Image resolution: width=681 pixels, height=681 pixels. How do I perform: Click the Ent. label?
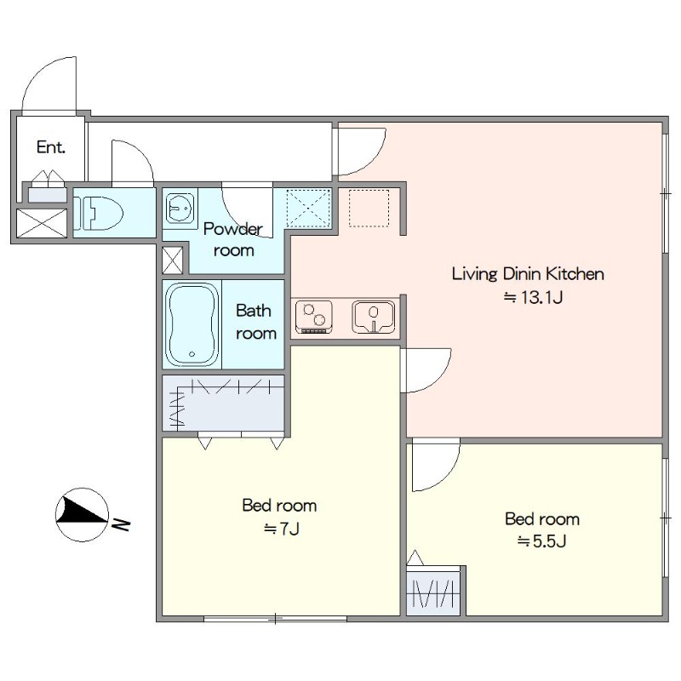(51, 147)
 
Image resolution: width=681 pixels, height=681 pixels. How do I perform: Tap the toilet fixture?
(98, 214)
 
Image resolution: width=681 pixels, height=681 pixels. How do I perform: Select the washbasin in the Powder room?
(180, 208)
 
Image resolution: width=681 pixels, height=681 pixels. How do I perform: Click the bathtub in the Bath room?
(192, 325)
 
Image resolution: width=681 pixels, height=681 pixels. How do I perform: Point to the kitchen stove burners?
(314, 317)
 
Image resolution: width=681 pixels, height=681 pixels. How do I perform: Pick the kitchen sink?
(374, 317)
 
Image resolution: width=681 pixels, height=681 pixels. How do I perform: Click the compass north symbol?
(82, 515)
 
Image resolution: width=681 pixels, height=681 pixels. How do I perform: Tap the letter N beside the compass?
(121, 524)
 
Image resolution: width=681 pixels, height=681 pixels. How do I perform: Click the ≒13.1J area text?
(533, 297)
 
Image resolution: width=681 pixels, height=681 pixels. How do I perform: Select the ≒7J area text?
(282, 529)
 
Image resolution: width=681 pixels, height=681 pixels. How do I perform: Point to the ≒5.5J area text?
(541, 541)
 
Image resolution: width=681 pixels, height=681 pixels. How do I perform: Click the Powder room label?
(233, 239)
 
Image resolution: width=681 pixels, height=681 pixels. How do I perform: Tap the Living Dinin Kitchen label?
(528, 273)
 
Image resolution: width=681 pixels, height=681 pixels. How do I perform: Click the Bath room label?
(256, 322)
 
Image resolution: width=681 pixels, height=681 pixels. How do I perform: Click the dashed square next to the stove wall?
(369, 208)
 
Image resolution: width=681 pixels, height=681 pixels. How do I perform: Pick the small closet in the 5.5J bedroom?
(433, 590)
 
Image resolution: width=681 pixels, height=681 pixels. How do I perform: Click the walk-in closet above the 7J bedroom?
(223, 403)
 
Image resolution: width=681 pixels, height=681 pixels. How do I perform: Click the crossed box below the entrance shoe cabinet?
(42, 223)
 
